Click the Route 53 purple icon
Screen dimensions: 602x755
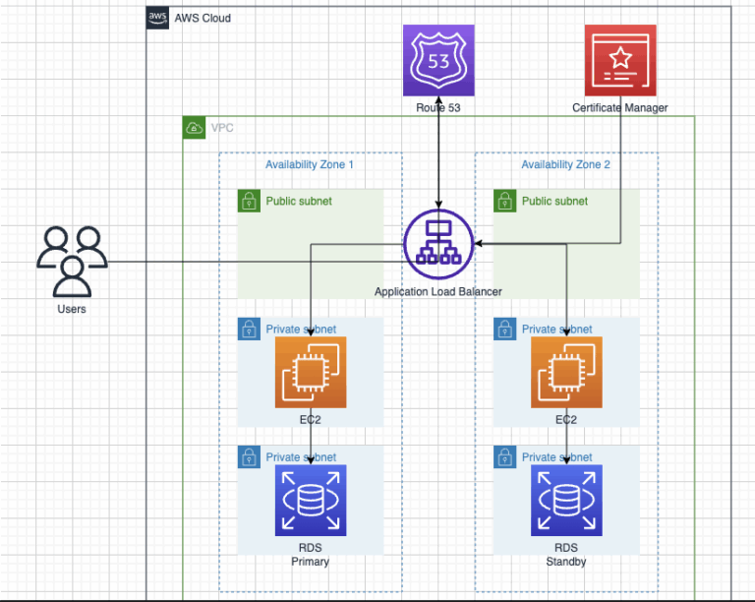click(x=438, y=60)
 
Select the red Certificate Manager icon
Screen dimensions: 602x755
click(x=620, y=60)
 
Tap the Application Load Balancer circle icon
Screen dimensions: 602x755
click(x=438, y=245)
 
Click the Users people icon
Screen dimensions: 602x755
click(x=72, y=261)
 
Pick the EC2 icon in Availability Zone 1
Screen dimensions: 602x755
click(x=311, y=372)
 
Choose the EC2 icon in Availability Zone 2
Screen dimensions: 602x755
click(x=566, y=372)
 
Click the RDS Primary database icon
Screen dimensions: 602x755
click(x=311, y=500)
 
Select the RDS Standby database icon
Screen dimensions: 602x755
click(x=566, y=500)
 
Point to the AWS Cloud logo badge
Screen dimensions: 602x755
click(x=157, y=18)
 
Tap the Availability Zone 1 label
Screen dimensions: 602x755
click(x=310, y=164)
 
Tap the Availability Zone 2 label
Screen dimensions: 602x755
click(x=565, y=164)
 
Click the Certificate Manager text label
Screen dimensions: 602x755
click(x=620, y=106)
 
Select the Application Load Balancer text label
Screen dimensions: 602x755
click(x=438, y=292)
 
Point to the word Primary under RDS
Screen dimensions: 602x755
click(x=311, y=562)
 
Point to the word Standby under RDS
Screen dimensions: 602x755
click(x=566, y=562)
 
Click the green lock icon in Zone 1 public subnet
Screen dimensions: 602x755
click(x=249, y=202)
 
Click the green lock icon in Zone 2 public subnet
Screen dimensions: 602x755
click(x=504, y=202)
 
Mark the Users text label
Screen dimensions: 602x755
click(x=72, y=309)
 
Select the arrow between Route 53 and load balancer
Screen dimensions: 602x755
click(x=438, y=157)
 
